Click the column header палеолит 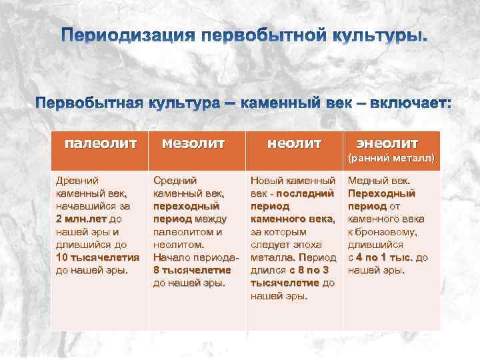coord(101,143)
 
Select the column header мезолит coord(193,143)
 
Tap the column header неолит coord(294,143)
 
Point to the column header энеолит coord(387,143)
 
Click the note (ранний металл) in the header coord(393,159)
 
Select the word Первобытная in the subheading coord(89,104)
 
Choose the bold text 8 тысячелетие coord(192,270)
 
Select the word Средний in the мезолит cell coord(174,181)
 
